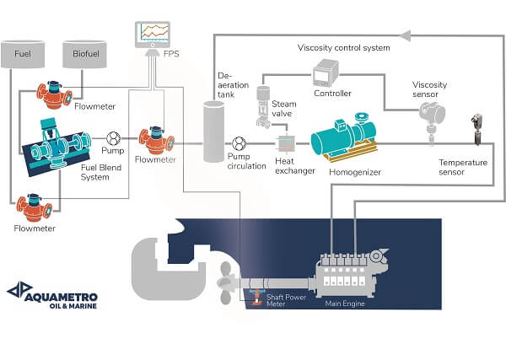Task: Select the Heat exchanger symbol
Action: [288, 142]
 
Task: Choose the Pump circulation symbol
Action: [240, 142]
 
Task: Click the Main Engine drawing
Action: [347, 274]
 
